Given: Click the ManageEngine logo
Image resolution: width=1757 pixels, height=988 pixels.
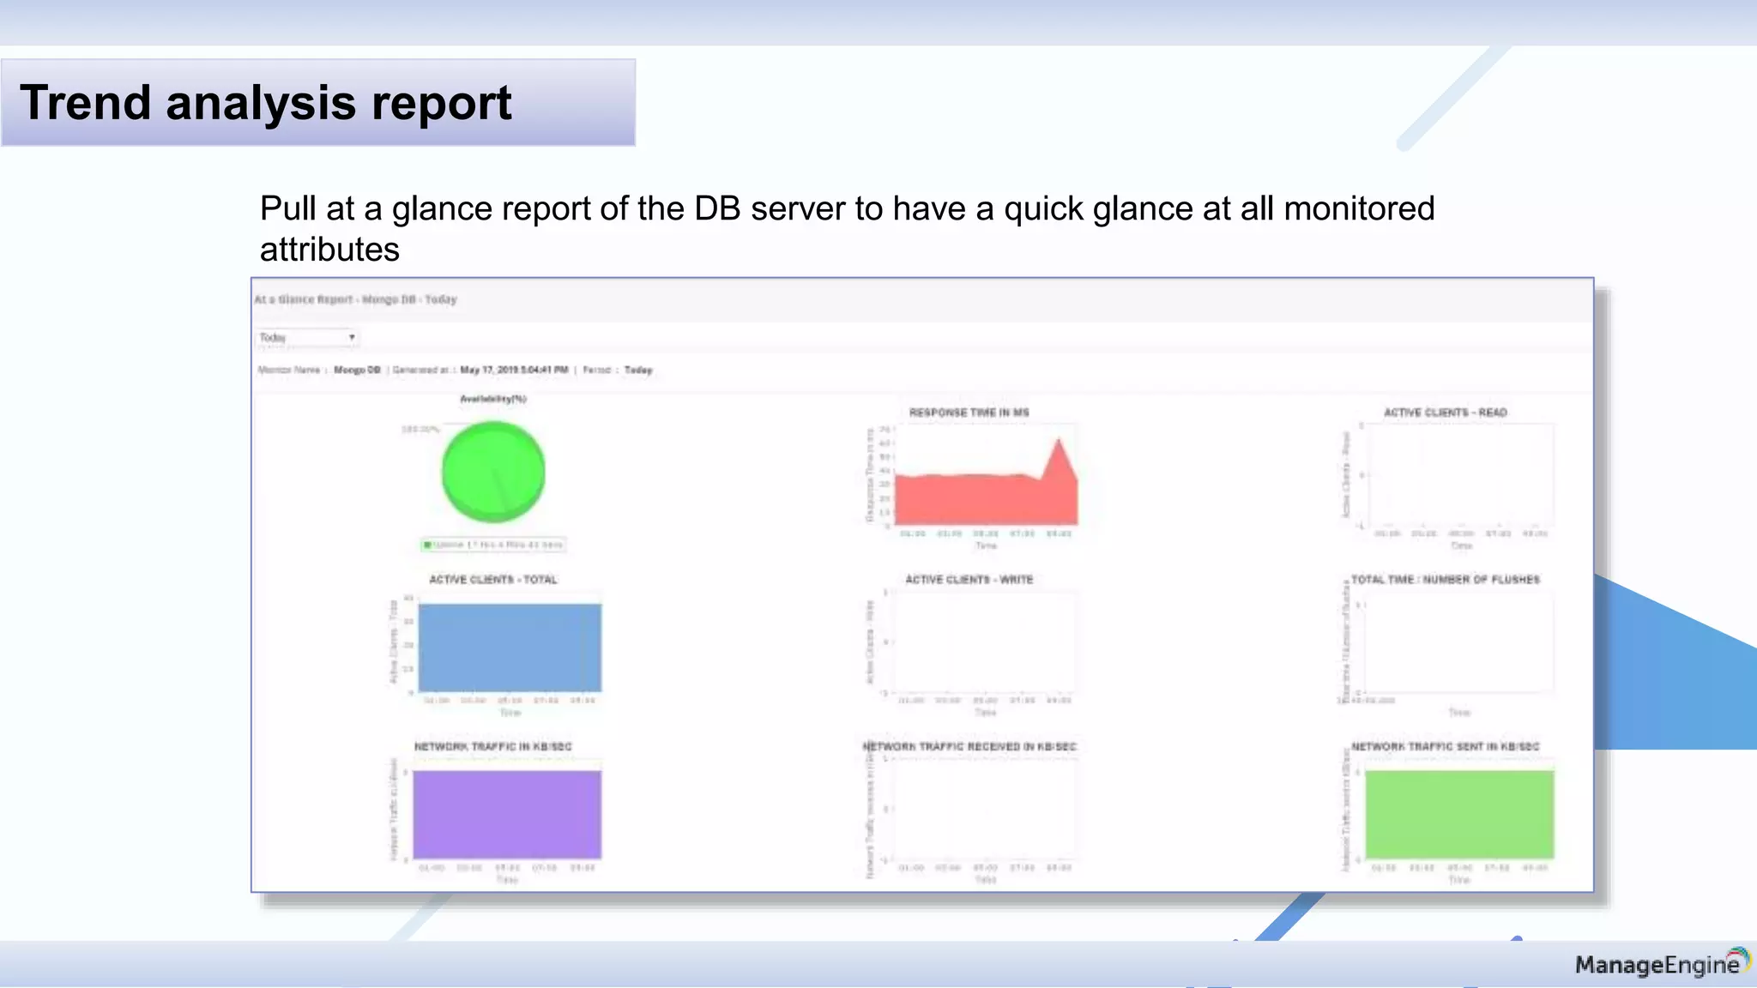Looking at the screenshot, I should [1660, 965].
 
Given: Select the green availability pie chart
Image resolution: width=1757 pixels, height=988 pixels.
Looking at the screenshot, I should [492, 472].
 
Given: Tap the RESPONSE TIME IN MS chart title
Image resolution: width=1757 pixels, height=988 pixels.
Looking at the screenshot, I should [969, 413].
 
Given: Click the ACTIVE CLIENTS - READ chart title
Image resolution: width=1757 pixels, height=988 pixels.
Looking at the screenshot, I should [1445, 413].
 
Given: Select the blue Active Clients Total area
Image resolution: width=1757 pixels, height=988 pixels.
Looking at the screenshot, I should [510, 648].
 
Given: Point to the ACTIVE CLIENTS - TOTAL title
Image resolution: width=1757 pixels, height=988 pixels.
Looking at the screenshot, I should [492, 580].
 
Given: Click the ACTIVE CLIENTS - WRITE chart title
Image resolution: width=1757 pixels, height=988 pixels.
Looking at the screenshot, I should [969, 580].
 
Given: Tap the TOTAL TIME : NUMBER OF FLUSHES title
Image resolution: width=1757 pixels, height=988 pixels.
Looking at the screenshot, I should [1445, 580].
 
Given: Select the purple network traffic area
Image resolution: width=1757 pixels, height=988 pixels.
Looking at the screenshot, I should [507, 815].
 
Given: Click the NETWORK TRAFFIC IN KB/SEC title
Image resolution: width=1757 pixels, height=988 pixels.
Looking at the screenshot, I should [492, 747].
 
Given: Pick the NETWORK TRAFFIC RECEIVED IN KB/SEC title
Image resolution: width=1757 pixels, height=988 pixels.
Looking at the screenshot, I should [969, 747].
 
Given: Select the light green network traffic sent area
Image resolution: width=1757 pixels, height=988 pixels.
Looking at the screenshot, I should [1459, 815].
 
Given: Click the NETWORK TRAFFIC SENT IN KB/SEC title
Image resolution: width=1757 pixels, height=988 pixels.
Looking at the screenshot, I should [1445, 747].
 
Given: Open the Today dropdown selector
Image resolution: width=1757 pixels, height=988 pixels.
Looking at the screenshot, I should [307, 337].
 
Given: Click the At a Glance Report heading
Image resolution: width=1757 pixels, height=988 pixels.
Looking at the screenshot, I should [355, 299].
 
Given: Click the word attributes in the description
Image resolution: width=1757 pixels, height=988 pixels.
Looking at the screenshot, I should [329, 250].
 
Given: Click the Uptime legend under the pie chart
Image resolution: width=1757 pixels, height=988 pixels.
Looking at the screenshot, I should [494, 545].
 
